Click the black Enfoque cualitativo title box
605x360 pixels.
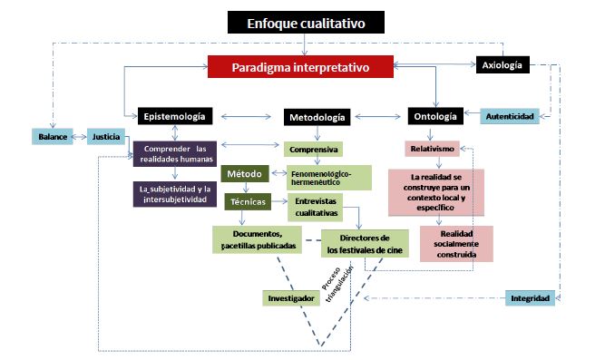(x=306, y=23)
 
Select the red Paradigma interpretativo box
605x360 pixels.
(x=300, y=67)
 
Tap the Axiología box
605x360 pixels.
(x=502, y=64)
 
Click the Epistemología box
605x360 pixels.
(x=175, y=116)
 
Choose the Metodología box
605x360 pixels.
(x=316, y=118)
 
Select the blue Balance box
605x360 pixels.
(x=53, y=138)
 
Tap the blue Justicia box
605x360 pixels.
(x=106, y=138)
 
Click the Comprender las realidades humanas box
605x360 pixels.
(x=174, y=154)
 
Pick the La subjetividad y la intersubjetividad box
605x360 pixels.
(x=174, y=193)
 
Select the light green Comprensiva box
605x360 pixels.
(x=313, y=150)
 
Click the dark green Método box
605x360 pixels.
(x=244, y=173)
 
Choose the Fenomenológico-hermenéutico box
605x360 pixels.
(x=330, y=176)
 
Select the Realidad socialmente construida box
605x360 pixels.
(x=456, y=244)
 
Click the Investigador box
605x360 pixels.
(x=291, y=297)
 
